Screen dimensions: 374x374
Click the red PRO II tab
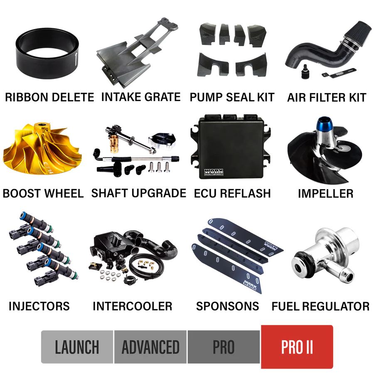[297, 347]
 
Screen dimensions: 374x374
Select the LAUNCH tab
[77, 347]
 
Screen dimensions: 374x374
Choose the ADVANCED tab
[151, 347]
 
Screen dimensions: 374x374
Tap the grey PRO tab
[224, 347]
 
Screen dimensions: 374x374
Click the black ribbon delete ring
[26, 64]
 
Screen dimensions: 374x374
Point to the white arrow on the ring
[76, 59]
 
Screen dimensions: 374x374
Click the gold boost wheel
[42, 148]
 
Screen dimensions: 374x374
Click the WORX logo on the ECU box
[214, 172]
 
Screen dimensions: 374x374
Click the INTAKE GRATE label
[141, 97]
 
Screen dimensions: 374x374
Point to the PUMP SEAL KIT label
[232, 97]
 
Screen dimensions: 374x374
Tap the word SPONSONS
[227, 306]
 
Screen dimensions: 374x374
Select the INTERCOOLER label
[133, 306]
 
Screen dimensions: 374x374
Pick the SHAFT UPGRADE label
[138, 193]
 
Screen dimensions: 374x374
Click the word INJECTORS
[39, 306]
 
